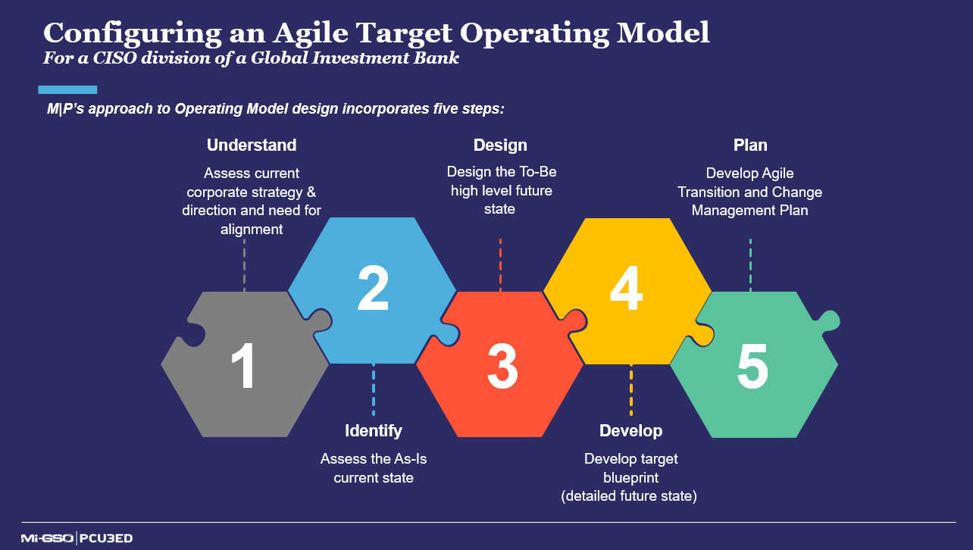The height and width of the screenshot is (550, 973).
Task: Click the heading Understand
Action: (252, 145)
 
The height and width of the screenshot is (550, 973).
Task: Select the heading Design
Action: (500, 145)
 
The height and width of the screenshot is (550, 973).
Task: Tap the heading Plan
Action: (750, 145)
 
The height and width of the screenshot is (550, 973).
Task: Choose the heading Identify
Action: (374, 431)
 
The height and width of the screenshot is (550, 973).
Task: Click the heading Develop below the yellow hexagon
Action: (630, 431)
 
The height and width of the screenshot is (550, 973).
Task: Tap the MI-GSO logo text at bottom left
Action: (47, 539)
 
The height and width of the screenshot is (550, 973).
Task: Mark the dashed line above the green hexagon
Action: (750, 265)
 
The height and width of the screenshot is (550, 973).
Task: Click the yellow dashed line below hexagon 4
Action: (630, 390)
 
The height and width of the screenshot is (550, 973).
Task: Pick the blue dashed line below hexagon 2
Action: (374, 390)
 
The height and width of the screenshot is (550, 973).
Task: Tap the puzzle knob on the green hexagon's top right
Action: (828, 319)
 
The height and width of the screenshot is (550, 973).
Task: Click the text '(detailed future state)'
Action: (629, 496)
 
